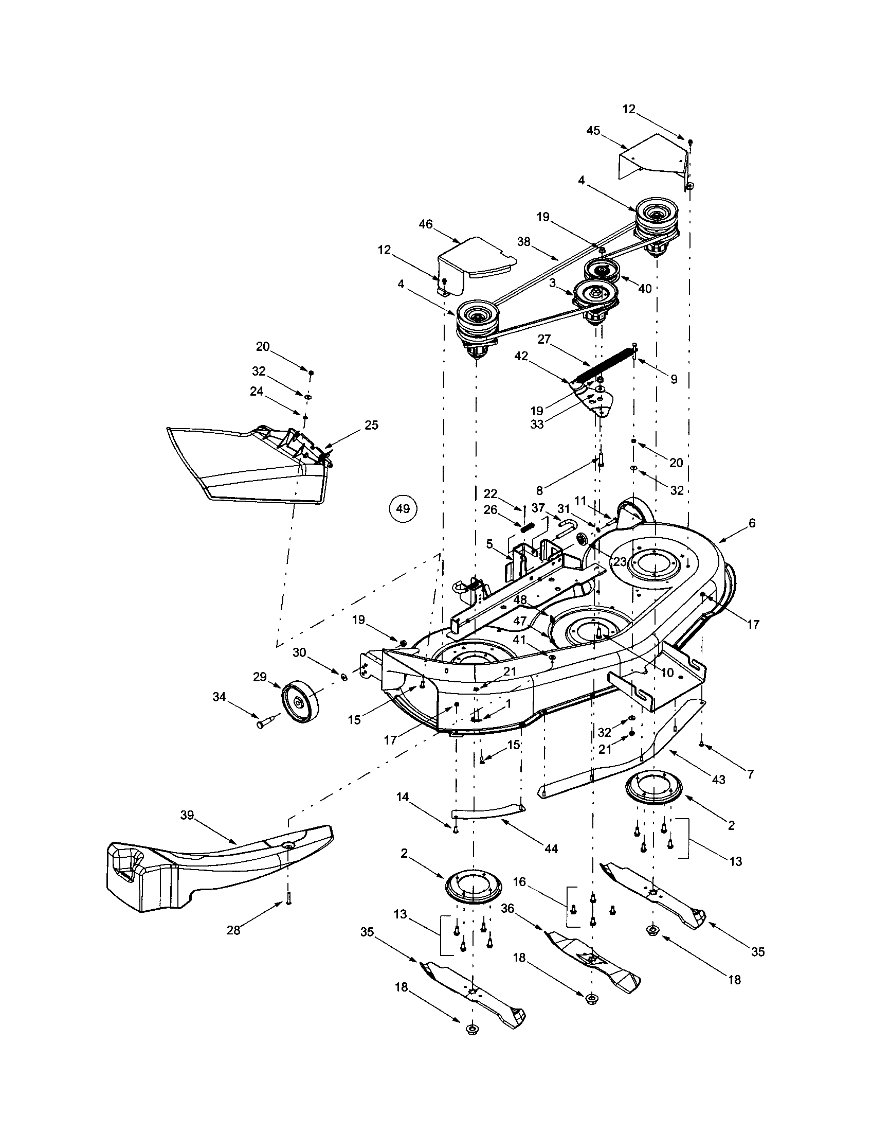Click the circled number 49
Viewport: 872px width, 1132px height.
point(403,508)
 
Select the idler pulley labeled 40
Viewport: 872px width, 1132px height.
point(602,270)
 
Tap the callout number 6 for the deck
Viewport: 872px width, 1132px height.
point(752,523)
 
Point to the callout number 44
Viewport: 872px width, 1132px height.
point(551,848)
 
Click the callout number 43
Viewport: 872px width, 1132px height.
point(719,780)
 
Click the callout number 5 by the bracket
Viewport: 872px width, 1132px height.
point(489,544)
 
